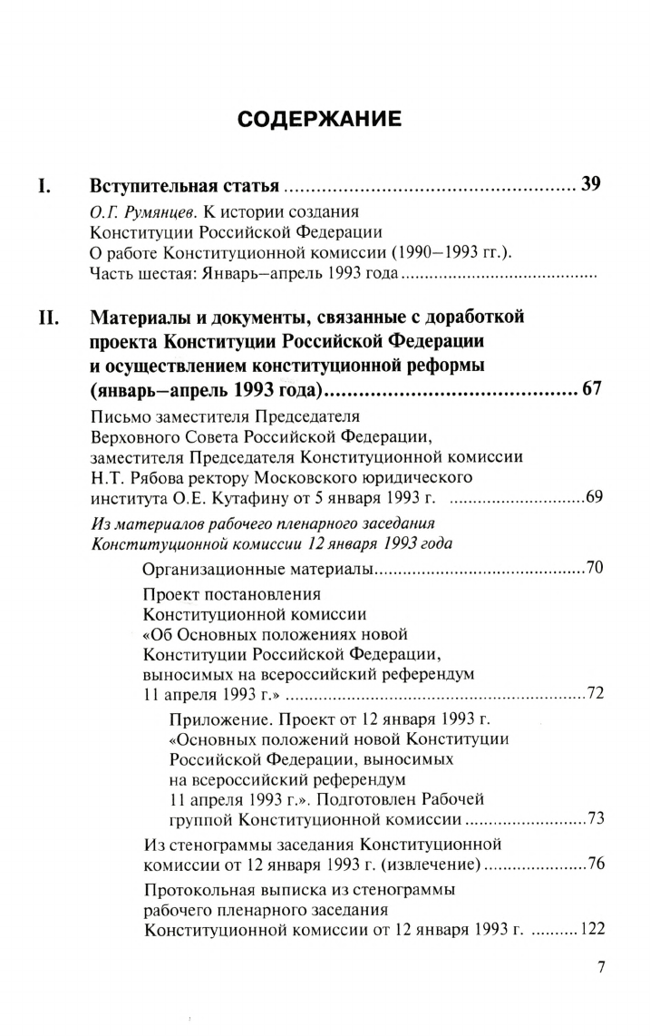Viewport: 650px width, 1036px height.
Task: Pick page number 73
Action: pyautogui.click(x=596, y=819)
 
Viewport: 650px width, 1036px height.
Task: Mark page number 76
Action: pyautogui.click(x=596, y=863)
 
